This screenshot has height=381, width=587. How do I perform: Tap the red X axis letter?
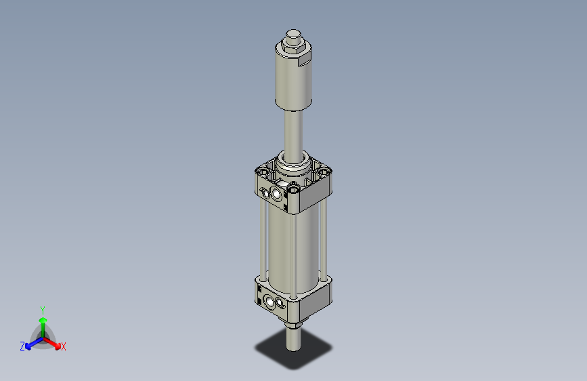[x=64, y=346]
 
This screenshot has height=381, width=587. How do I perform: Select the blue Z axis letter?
[x=22, y=346]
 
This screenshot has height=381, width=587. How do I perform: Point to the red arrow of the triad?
[x=54, y=341]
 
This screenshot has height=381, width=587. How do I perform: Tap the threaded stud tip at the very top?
[x=292, y=34]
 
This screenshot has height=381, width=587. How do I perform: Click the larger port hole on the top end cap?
[x=277, y=196]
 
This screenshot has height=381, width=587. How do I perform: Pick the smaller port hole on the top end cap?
[x=267, y=193]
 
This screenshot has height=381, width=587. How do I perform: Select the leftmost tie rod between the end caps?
[x=261, y=237]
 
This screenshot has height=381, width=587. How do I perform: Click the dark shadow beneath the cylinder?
[x=311, y=353]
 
